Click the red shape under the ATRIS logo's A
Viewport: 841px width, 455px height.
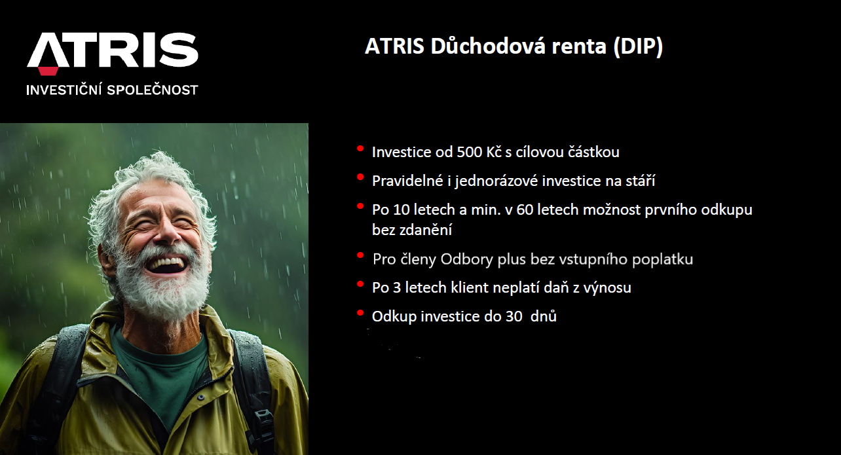tap(48, 71)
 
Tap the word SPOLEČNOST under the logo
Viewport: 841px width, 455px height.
tap(153, 90)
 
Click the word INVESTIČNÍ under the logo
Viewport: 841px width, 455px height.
tap(64, 90)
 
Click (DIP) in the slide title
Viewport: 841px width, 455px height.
tap(638, 46)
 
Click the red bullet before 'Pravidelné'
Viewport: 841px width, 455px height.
tap(360, 177)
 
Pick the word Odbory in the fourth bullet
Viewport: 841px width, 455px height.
tap(467, 259)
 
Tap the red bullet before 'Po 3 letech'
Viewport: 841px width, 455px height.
tap(360, 284)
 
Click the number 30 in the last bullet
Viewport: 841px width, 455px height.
tap(514, 316)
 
